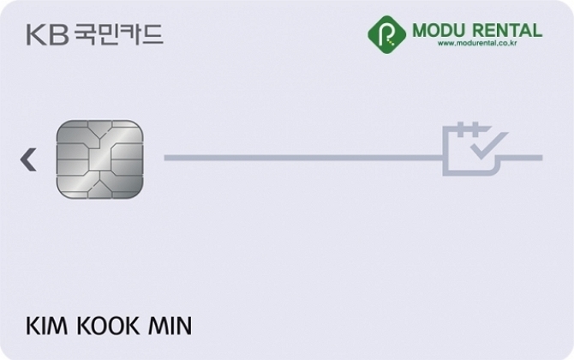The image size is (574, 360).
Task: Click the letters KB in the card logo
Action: (x=48, y=35)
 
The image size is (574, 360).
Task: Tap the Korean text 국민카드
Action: (x=118, y=34)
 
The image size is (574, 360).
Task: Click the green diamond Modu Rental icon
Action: (x=386, y=34)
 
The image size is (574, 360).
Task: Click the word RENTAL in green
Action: (x=507, y=30)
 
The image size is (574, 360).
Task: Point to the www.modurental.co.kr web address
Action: (x=477, y=43)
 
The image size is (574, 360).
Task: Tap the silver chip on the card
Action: (x=99, y=159)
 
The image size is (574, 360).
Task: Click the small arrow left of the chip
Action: (x=28, y=159)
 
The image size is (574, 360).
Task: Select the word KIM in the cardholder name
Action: (x=46, y=326)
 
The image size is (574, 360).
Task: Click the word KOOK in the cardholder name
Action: (x=108, y=326)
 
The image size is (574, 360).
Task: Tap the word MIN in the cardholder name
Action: (x=170, y=326)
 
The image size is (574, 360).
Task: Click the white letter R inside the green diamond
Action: (x=386, y=35)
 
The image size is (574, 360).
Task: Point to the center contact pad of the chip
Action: (x=99, y=159)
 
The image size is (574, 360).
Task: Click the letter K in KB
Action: (x=36, y=35)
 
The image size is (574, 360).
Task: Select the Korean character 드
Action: (x=152, y=34)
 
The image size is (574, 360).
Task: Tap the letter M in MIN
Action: (x=158, y=326)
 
